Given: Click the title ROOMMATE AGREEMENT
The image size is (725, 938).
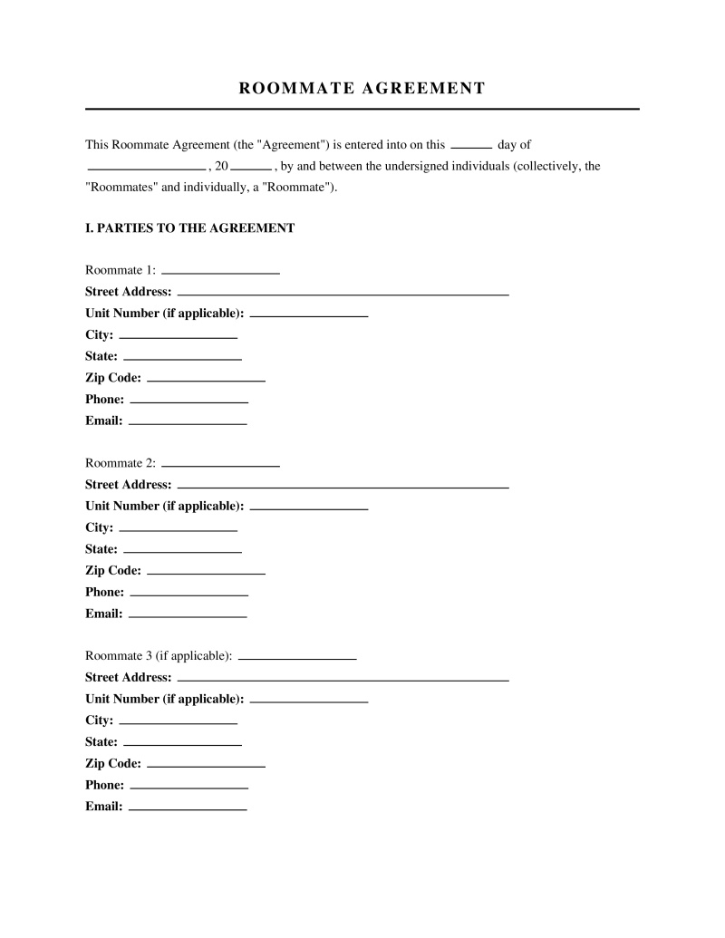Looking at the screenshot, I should coord(362,88).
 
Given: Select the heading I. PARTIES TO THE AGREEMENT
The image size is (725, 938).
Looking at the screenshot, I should coord(189,228).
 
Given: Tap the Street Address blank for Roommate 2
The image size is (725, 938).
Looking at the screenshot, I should coord(343,487).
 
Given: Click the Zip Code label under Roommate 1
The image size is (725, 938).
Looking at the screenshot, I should coord(113,378).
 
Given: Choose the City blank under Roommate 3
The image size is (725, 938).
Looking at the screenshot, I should coord(179,722).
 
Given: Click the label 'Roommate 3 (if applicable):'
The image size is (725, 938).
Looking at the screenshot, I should coord(159,655).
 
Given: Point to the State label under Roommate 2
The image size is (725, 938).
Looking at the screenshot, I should coord(101,549).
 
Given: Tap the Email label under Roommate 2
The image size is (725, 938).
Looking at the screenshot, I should coord(103,614).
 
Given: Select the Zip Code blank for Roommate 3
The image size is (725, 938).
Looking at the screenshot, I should coord(206,766).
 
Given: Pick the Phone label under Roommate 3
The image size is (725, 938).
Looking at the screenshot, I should coord(104,785).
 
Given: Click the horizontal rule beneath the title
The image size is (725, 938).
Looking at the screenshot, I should coord(362,109).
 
